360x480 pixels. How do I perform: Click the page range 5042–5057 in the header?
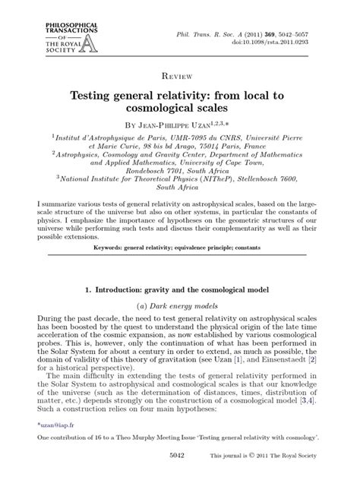click(317, 34)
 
